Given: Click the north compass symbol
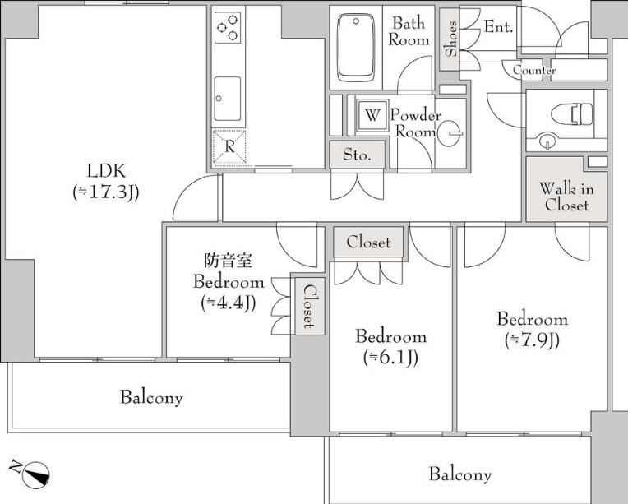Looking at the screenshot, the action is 35,474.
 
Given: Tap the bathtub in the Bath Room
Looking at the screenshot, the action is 355,48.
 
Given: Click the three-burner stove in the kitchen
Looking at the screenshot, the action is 228,27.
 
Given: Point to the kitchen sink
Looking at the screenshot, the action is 228,99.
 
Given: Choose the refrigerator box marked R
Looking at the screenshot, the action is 229,147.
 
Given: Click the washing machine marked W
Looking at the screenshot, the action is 372,115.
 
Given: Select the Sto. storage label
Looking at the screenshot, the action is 357,155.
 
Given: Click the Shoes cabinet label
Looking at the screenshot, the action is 450,39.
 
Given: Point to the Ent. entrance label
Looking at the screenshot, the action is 499,27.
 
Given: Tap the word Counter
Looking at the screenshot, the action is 534,70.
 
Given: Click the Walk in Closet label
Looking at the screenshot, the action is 566,197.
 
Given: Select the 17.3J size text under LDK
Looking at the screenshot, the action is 106,192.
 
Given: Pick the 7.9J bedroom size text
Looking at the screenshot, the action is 533,340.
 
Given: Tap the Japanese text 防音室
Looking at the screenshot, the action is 229,261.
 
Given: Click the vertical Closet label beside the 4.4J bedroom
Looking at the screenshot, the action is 309,306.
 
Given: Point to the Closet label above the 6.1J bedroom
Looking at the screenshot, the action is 368,242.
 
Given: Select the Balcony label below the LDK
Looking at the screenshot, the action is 151,397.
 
